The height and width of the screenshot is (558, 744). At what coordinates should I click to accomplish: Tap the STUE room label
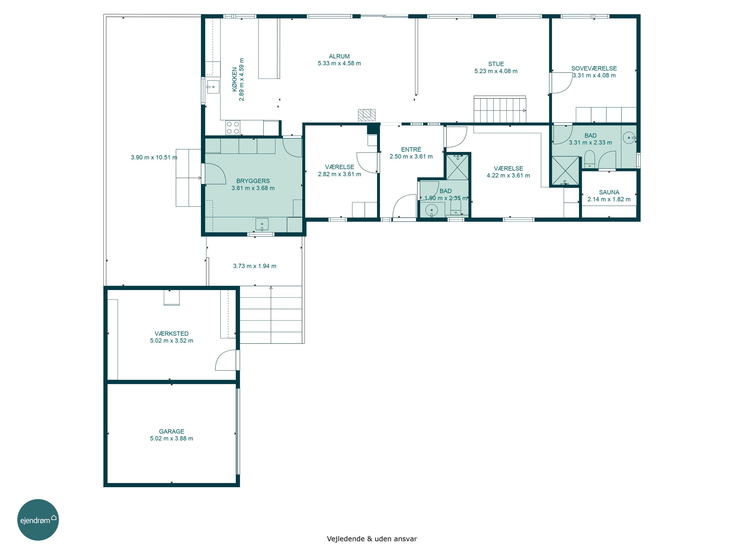(496, 64)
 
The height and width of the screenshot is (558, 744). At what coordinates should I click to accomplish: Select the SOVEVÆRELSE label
(594, 68)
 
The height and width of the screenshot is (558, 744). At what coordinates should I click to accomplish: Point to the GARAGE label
(172, 431)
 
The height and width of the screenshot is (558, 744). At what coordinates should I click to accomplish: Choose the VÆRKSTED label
(172, 334)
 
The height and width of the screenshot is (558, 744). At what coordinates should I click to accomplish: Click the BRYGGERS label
(253, 181)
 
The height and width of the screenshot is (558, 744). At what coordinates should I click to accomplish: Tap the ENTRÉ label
(411, 149)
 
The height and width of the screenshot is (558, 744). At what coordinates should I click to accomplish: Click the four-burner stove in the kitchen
(233, 127)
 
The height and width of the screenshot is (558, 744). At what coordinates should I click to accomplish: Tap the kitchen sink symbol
(213, 87)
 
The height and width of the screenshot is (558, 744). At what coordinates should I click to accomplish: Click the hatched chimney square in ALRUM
(367, 115)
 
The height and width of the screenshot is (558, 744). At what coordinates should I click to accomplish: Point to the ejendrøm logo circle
(38, 520)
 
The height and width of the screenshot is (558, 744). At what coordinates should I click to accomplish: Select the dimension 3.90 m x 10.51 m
(154, 157)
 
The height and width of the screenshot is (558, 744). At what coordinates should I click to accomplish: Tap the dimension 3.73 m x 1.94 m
(255, 266)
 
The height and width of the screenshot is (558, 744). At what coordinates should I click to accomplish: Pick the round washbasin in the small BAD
(432, 211)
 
